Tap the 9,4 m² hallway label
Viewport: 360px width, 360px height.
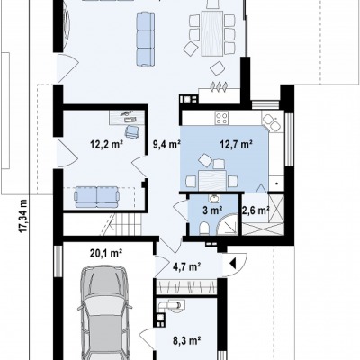[x=166, y=145]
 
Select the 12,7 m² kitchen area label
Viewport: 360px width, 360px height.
[x=236, y=145]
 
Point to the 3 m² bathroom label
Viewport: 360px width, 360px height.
[x=212, y=211]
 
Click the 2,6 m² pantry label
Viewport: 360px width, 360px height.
[x=256, y=211]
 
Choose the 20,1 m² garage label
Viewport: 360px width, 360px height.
[x=106, y=254]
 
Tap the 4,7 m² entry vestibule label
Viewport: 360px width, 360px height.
[x=187, y=266]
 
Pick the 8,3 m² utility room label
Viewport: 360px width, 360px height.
[x=186, y=340]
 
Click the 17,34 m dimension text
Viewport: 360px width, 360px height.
[x=23, y=216]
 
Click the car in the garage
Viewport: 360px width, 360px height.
[x=105, y=313]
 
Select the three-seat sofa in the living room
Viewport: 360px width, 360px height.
[x=146, y=39]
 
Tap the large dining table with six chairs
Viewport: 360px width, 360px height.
[x=212, y=33]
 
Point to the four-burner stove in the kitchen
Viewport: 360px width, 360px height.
[x=221, y=118]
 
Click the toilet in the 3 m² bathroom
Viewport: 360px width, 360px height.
[x=204, y=228]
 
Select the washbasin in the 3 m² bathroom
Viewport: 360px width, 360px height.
[x=214, y=198]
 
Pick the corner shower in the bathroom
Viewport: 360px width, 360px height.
[x=228, y=225]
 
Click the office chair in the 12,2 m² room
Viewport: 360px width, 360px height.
[x=132, y=131]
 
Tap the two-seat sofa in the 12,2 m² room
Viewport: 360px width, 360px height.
[x=96, y=197]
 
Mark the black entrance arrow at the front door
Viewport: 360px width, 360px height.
[x=233, y=264]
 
